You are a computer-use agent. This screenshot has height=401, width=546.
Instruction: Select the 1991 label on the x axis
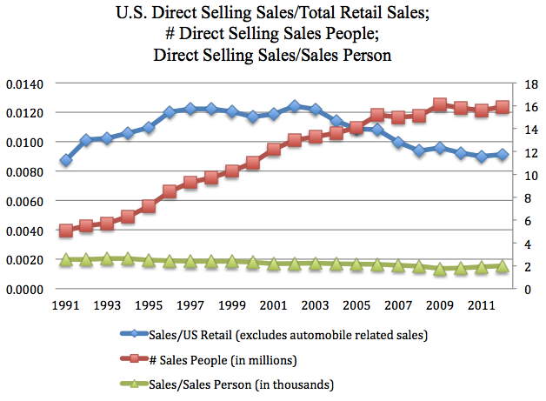coord(65,306)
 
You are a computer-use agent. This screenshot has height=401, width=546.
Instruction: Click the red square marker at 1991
coord(65,231)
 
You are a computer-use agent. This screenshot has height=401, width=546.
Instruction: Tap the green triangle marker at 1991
coord(65,259)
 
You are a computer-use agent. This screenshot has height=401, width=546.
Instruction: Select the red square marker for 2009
coord(440,105)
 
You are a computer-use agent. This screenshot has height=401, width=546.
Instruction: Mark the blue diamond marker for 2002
coord(295,106)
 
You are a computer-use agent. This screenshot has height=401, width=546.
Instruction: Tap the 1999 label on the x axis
coord(231,306)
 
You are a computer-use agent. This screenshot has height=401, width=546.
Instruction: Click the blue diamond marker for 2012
coord(503,154)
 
